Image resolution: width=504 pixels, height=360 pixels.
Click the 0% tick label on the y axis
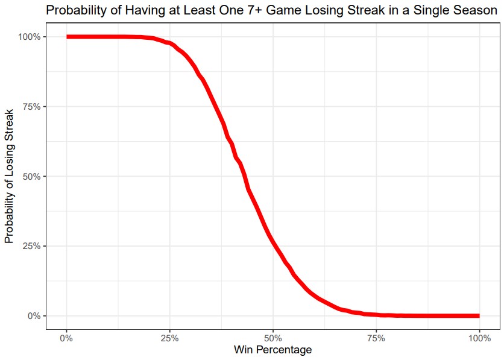tap(33, 316)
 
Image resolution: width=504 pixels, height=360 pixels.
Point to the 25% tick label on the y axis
tap(30, 246)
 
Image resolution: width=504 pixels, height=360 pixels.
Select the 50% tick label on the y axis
tap(30, 176)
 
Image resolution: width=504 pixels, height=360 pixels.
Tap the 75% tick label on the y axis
tap(30, 107)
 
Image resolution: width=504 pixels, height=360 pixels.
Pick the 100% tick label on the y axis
tap(28, 37)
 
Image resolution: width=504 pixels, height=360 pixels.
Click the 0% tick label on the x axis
tap(67, 337)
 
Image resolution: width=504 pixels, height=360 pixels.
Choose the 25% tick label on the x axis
tap(170, 337)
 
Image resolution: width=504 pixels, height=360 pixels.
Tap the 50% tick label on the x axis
tap(273, 337)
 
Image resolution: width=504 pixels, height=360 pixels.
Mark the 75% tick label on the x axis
tap(376, 337)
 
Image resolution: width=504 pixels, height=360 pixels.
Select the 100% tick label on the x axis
tap(479, 337)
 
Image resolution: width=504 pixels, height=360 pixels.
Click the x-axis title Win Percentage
tap(273, 350)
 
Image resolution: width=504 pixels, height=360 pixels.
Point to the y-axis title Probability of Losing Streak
tap(9, 176)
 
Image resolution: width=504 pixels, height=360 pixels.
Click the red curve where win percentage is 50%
tap(273, 242)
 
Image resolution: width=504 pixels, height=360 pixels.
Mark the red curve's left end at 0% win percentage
tap(68, 37)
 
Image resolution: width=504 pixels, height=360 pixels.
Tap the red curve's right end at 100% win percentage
tap(479, 315)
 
